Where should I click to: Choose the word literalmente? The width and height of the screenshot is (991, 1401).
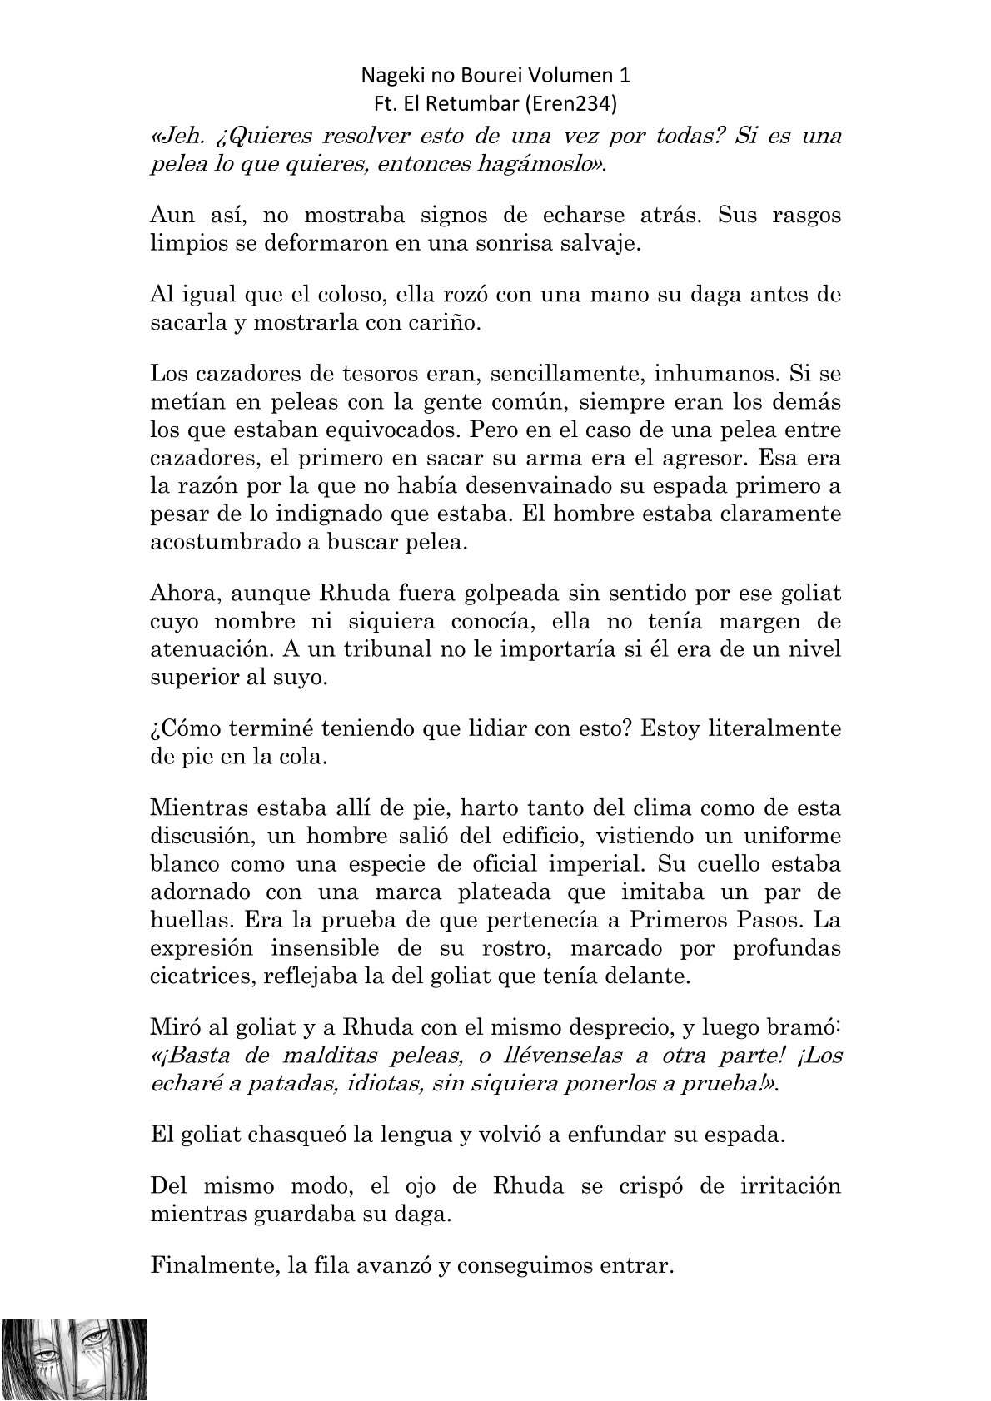[x=775, y=729]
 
